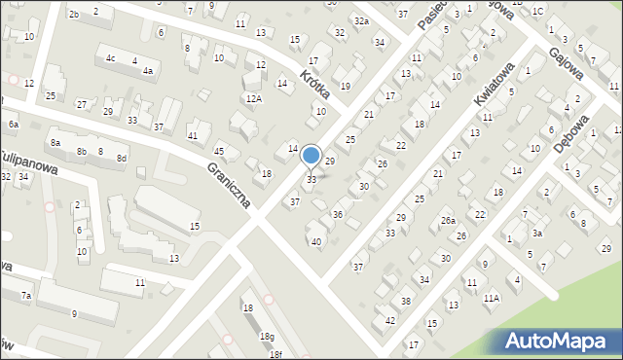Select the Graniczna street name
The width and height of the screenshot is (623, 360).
[x=230, y=185]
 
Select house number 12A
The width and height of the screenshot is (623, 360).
[x=254, y=98]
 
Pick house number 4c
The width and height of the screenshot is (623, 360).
[x=111, y=58]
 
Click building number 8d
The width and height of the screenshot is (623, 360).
[x=122, y=158]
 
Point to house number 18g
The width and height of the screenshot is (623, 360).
[x=266, y=336]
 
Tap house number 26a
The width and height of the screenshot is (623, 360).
[x=447, y=221]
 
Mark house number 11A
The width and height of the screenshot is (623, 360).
[x=492, y=299]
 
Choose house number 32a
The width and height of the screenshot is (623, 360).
[x=361, y=20]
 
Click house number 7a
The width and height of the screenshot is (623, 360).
[x=27, y=295]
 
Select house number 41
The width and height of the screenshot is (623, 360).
[x=193, y=135]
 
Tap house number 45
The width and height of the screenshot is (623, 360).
[x=219, y=151]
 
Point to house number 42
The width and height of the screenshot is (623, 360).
[x=390, y=320]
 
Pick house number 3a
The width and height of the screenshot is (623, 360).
[x=536, y=233]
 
